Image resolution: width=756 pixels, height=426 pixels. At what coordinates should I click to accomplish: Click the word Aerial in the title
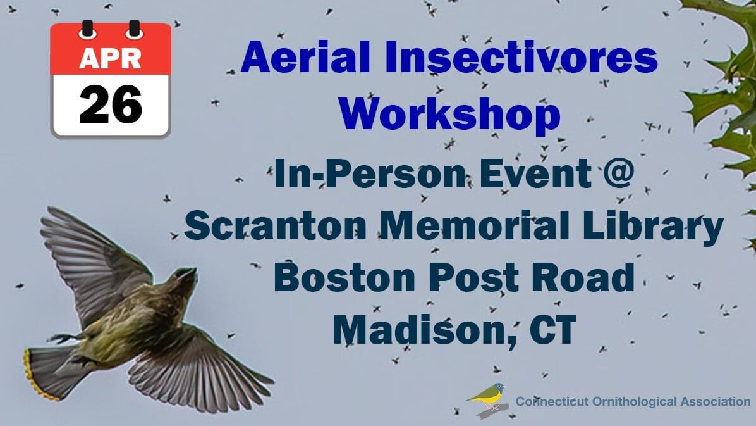tap(305, 57)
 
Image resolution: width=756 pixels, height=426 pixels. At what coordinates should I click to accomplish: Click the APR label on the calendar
tap(111, 58)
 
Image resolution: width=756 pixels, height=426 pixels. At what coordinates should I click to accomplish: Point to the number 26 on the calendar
tap(111, 104)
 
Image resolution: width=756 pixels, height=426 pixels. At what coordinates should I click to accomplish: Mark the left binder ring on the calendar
tap(87, 30)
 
